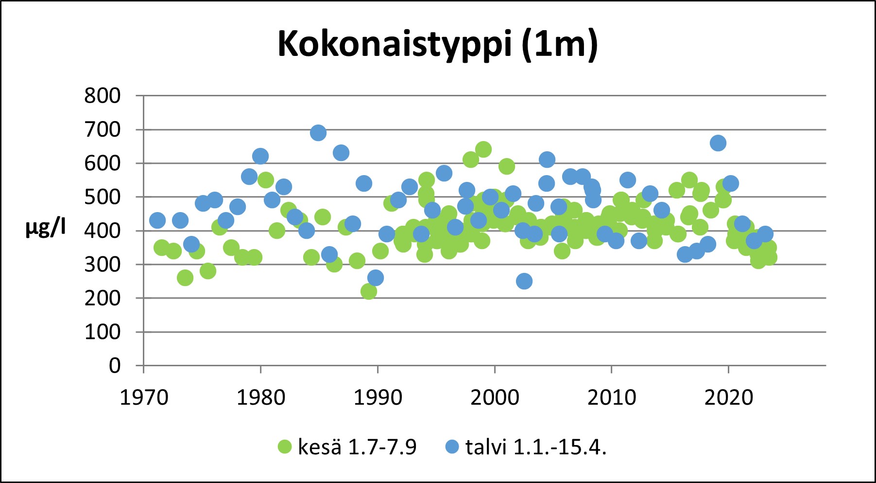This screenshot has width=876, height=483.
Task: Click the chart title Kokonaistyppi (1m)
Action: click(x=437, y=45)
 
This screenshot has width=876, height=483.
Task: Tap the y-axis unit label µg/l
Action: click(x=46, y=227)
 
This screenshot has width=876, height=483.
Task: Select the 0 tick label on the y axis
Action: click(x=115, y=365)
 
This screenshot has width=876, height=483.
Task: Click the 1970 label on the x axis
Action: click(x=144, y=397)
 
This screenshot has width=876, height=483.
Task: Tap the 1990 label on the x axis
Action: click(x=378, y=397)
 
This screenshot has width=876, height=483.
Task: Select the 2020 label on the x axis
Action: click(x=728, y=397)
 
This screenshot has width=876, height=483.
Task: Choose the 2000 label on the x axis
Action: click(x=495, y=397)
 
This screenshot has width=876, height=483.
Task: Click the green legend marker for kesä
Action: click(x=284, y=447)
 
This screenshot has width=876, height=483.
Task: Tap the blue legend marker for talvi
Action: click(x=452, y=447)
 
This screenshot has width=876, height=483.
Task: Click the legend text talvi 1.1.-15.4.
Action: click(x=536, y=447)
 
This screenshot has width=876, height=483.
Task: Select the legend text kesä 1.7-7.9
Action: click(x=357, y=447)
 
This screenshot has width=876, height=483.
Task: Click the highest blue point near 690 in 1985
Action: click(x=318, y=133)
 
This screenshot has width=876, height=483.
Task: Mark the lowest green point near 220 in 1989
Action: click(x=369, y=291)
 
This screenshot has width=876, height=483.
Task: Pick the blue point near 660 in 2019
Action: click(x=718, y=143)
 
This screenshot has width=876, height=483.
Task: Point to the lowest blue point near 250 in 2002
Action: click(x=524, y=281)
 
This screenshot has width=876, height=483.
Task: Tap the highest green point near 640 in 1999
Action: click(x=483, y=149)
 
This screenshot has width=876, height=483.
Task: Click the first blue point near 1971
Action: click(x=157, y=220)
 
